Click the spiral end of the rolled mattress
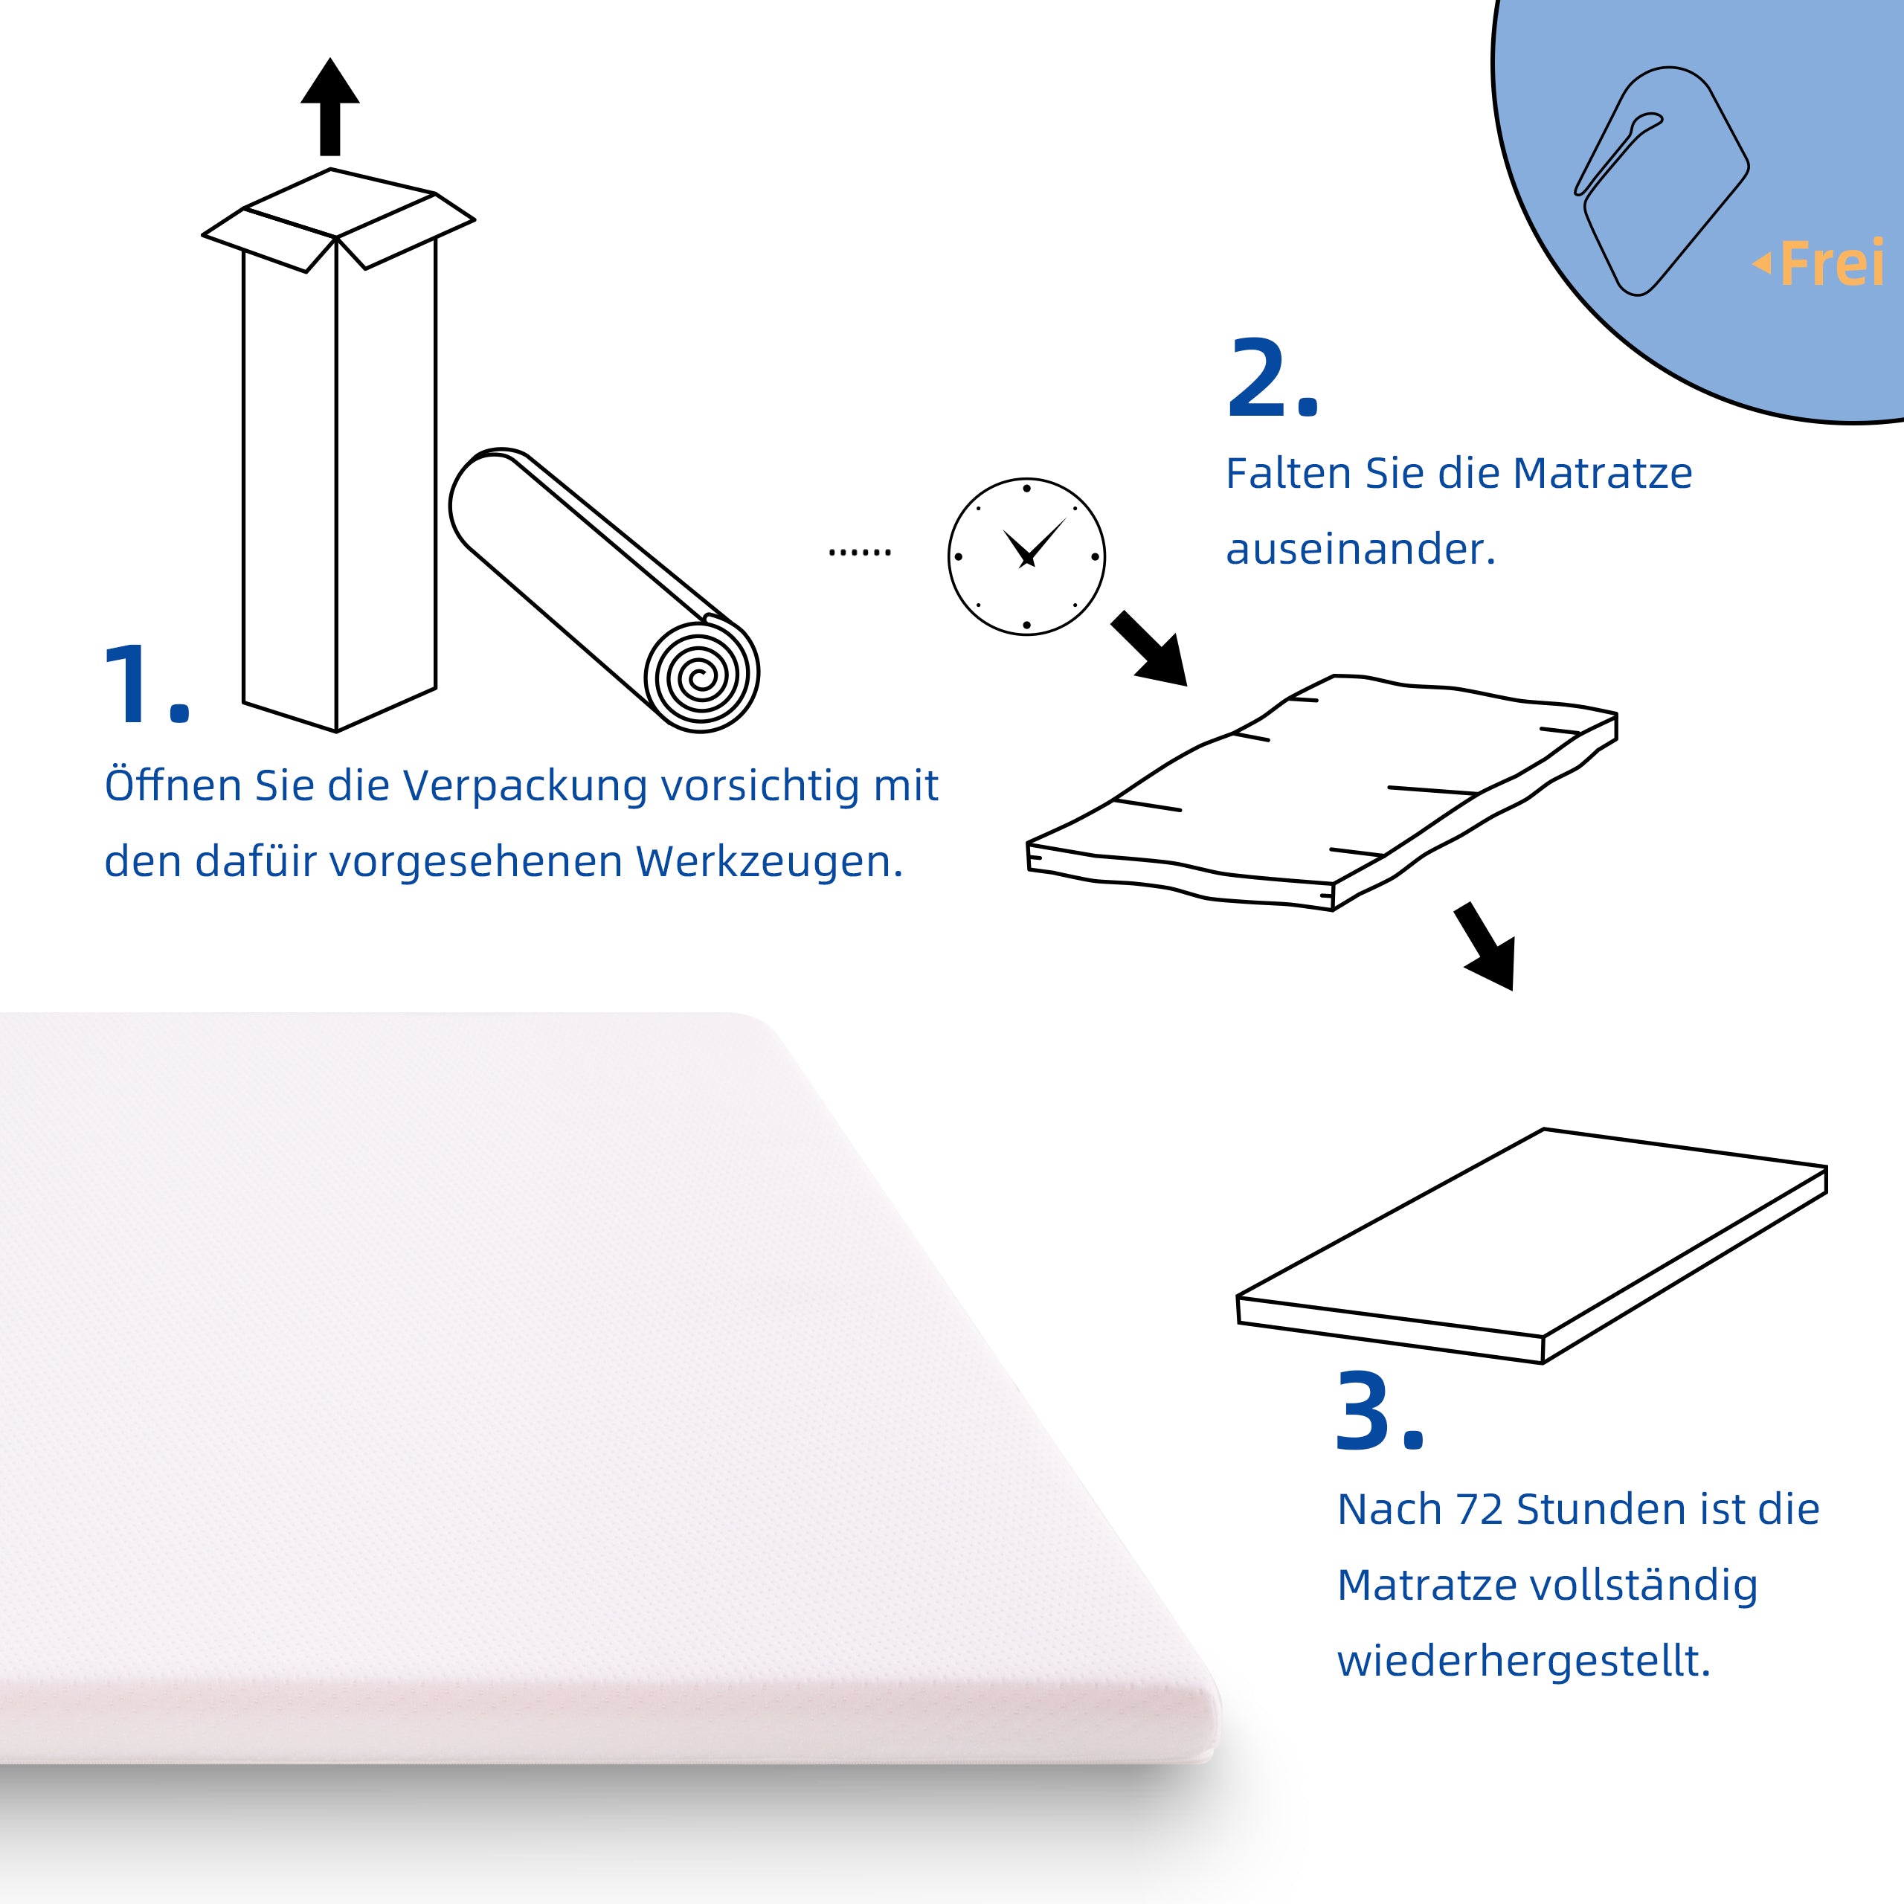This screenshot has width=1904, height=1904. [x=701, y=676]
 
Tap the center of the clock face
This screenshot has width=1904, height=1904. [x=1027, y=557]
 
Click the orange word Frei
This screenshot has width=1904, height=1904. [x=1831, y=264]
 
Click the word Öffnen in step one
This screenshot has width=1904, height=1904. [x=173, y=786]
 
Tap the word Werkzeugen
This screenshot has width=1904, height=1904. [x=769, y=862]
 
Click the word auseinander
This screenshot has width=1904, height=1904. [x=1360, y=550]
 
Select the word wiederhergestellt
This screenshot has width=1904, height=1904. [x=1522, y=1662]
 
